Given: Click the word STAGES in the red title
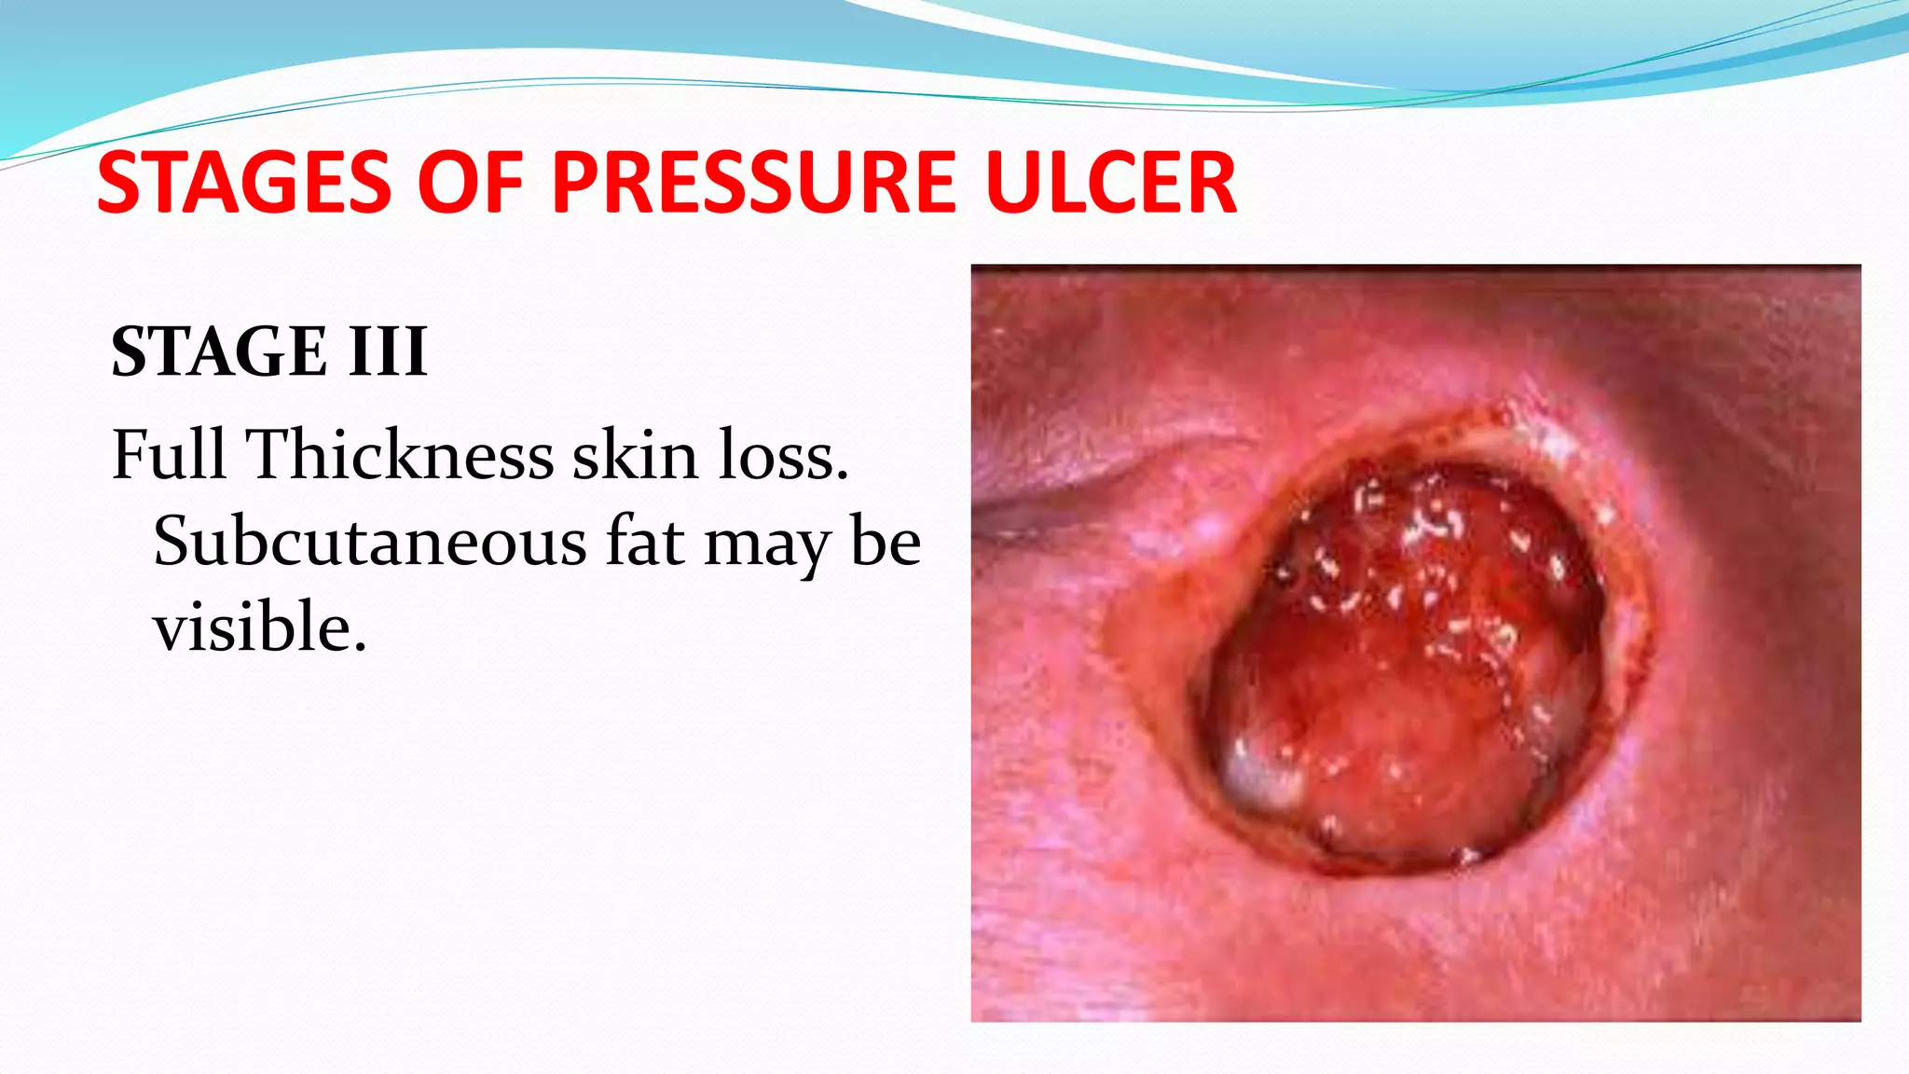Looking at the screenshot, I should point(244,183).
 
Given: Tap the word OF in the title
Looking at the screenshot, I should point(471,183).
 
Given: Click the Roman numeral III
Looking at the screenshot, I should point(388,352).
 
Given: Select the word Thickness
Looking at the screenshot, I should point(400,455).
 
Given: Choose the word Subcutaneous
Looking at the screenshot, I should point(370,542).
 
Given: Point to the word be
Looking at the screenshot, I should point(886,542).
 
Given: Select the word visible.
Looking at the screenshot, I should point(259,627).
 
